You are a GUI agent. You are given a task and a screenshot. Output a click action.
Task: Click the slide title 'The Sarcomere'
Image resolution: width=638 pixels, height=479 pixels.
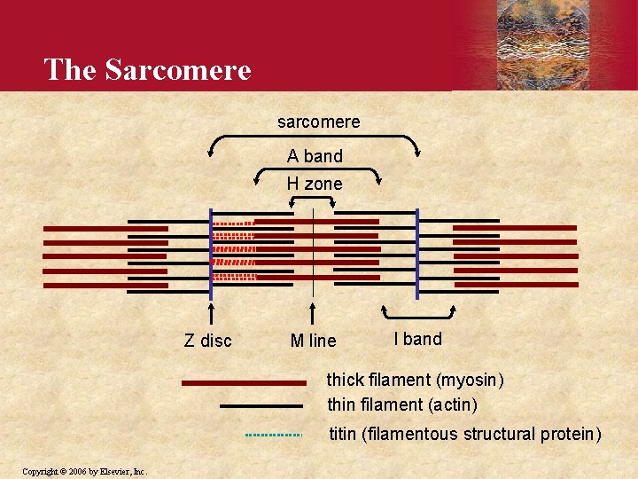coord(147,69)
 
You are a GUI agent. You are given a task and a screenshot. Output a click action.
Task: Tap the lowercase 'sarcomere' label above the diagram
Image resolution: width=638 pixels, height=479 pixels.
coord(318,122)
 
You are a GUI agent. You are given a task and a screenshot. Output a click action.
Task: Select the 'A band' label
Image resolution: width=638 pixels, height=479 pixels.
coord(315,157)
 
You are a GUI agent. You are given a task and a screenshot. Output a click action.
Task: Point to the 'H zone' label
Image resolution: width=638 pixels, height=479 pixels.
coord(315,185)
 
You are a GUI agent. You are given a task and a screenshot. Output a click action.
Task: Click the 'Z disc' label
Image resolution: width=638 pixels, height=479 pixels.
coord(207,341)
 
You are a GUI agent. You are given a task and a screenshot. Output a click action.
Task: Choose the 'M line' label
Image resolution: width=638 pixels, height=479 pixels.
coord(314,341)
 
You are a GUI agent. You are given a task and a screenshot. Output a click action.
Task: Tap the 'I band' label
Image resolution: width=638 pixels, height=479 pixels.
coord(417,339)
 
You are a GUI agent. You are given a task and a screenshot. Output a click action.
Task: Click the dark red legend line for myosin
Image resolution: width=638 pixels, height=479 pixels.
coord(243,383)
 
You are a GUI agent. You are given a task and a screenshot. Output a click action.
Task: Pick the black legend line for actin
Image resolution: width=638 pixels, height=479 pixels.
coord(261,406)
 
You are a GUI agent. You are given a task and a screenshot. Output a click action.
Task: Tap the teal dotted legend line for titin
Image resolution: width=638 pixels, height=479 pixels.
coord(274,435)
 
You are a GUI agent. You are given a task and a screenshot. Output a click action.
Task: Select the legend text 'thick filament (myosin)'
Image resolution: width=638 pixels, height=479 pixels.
coord(415,381)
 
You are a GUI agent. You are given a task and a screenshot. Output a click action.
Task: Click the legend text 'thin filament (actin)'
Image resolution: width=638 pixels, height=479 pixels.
coord(401,405)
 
